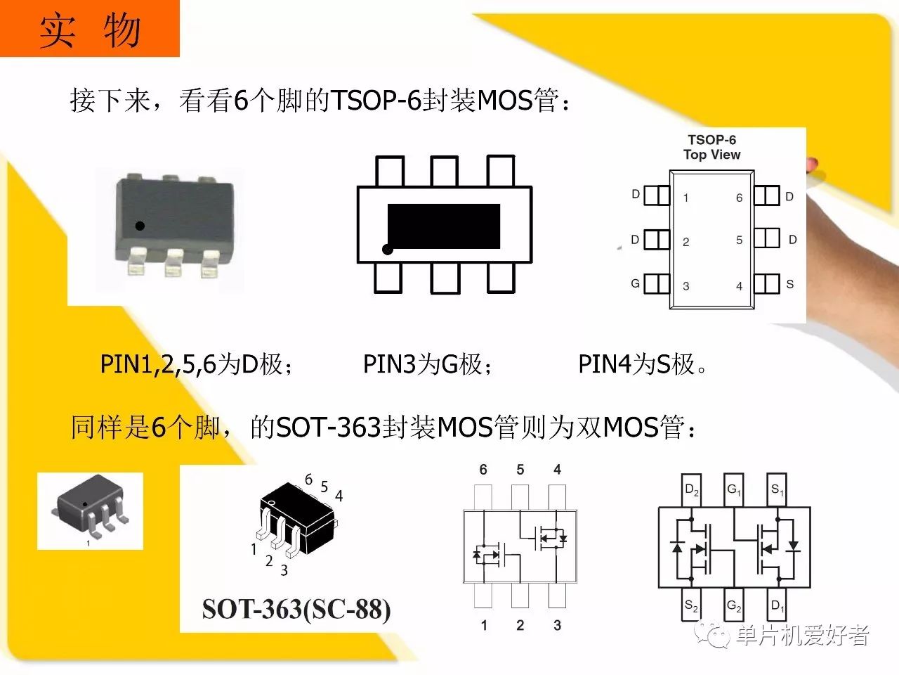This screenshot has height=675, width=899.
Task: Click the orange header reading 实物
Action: pyautogui.click(x=90, y=29)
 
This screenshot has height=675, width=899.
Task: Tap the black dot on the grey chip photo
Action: pyautogui.click(x=140, y=226)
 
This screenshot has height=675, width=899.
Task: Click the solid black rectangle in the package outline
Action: pyautogui.click(x=444, y=226)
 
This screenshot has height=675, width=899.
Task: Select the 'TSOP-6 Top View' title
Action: pyautogui.click(x=712, y=147)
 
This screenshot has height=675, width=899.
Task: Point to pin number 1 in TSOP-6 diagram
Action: pyautogui.click(x=685, y=198)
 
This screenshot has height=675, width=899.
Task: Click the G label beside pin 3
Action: pyautogui.click(x=635, y=283)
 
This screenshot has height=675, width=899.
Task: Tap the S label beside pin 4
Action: pyautogui.click(x=790, y=284)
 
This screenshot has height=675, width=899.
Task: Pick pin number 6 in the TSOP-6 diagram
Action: pyautogui.click(x=740, y=198)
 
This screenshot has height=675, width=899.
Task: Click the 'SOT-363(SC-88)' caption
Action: pyautogui.click(x=296, y=609)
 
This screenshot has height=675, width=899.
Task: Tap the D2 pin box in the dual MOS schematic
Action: pyautogui.click(x=691, y=490)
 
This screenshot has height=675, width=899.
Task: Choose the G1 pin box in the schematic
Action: pyautogui.click(x=733, y=490)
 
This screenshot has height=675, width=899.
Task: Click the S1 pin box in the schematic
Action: pyautogui.click(x=777, y=490)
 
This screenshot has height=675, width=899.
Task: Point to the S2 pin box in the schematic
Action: pyautogui.click(x=691, y=605)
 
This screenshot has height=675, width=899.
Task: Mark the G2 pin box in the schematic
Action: pyautogui.click(x=733, y=605)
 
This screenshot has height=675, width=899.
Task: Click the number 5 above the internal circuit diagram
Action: pyautogui.click(x=520, y=470)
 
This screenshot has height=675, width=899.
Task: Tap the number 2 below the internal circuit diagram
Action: pyautogui.click(x=520, y=625)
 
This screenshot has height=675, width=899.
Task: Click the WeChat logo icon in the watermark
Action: pyautogui.click(x=712, y=635)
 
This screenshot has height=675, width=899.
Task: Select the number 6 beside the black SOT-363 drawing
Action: pyautogui.click(x=308, y=479)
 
